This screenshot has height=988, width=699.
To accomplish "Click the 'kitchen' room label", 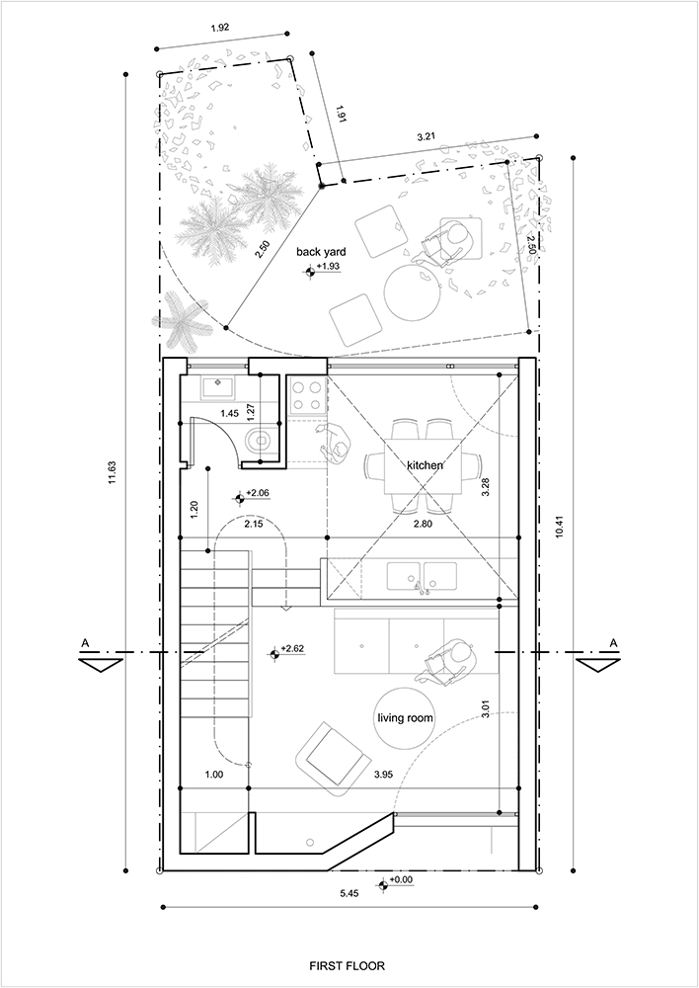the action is pyautogui.click(x=425, y=465).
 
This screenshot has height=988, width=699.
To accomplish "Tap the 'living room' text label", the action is pyautogui.click(x=405, y=717).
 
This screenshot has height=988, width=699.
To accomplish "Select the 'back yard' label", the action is pyautogui.click(x=321, y=252).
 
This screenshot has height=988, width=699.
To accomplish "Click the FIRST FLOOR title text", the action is pyautogui.click(x=347, y=965).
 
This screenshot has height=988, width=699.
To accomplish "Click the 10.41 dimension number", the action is pyautogui.click(x=559, y=523).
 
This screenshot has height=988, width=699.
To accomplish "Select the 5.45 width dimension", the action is pyautogui.click(x=349, y=893).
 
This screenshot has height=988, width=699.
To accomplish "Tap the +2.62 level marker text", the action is pyautogui.click(x=293, y=648).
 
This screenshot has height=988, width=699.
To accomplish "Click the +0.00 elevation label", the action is pyautogui.click(x=401, y=879).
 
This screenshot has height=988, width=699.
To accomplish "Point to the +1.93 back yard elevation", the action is pyautogui.click(x=328, y=267).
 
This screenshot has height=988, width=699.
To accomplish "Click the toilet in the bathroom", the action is pyautogui.click(x=260, y=441).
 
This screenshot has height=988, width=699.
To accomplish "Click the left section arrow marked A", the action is pyautogui.click(x=101, y=664).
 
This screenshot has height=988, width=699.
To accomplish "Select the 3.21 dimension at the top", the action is pyautogui.click(x=427, y=135).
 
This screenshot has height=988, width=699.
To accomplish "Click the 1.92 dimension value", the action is pyautogui.click(x=220, y=27).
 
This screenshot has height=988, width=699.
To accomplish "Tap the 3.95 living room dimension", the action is pyautogui.click(x=383, y=775).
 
